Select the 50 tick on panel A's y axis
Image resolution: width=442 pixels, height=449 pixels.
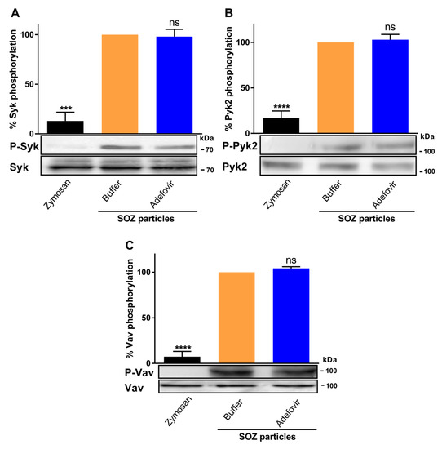pyautogui.click(x=30, y=84)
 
